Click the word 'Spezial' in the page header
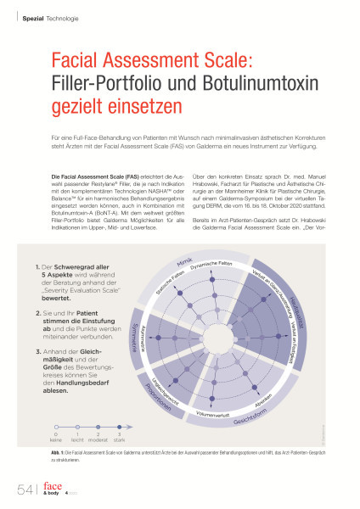coord(32,19)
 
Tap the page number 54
coord(23,488)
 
